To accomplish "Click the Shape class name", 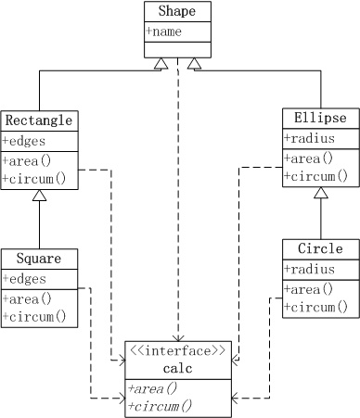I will click(176, 11).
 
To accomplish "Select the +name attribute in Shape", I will click(164, 31).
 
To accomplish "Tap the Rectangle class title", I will click(38, 120).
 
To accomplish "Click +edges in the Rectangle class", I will click(23, 141).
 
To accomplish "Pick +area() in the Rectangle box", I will click(27, 160).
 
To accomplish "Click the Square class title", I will click(38, 258).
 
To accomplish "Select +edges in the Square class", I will click(23, 278).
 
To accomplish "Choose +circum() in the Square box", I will click(34, 316).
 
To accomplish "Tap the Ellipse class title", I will click(320, 119).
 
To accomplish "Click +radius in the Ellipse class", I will click(309, 139).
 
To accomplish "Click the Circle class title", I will click(320, 248).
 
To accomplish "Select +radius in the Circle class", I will click(309, 270).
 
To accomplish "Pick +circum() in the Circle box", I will click(315, 307).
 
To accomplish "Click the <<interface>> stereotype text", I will click(177, 350).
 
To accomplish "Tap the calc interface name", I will click(177, 368).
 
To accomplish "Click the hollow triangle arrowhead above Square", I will click(39, 196).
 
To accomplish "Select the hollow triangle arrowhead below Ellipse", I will click(320, 193).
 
